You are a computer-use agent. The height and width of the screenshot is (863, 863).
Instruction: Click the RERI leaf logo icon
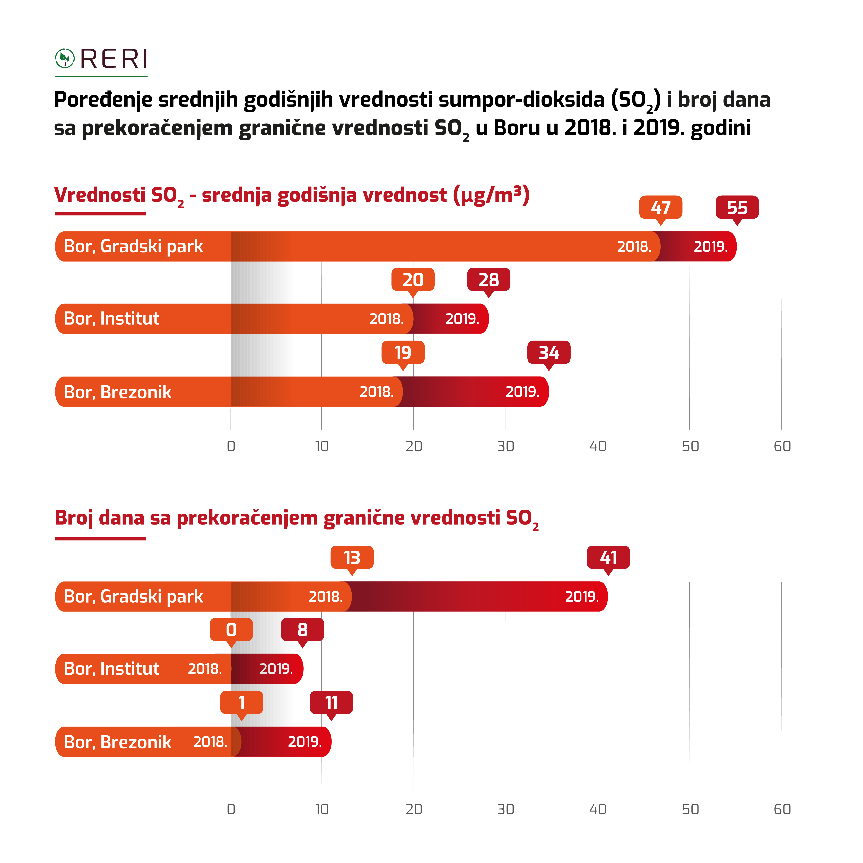click(x=65, y=58)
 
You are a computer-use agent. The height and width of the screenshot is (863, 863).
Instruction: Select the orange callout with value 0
click(x=231, y=629)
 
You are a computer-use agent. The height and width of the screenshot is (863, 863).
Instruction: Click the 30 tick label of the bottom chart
click(x=506, y=809)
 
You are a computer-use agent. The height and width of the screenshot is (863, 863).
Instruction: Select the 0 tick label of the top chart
click(x=231, y=446)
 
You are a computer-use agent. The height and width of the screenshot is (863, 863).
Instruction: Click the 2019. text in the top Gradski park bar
click(x=710, y=247)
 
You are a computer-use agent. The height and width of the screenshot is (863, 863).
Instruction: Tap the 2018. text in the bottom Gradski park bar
click(x=326, y=596)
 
